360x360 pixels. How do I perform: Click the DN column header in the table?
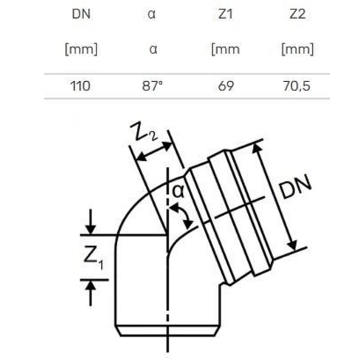81,14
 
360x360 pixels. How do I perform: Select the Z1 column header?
225,14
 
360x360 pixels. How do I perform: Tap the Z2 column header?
297,14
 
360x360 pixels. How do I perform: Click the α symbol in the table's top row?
152,14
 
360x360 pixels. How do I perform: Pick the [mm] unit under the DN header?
81,49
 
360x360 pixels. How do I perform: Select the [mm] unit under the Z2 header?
297,49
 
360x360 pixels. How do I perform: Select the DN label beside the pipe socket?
295,188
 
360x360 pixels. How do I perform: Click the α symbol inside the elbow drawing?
178,191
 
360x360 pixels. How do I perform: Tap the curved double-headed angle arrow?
183,216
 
